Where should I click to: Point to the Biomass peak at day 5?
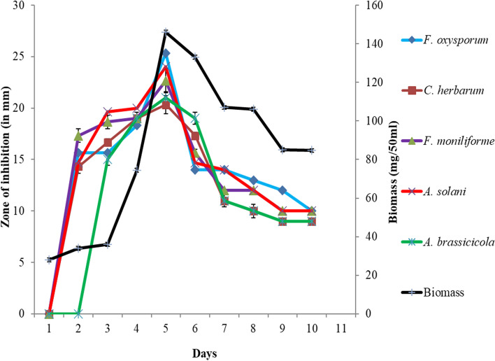click(x=166, y=31)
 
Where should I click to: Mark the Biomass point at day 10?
click(x=311, y=150)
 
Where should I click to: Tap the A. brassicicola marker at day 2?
click(x=78, y=313)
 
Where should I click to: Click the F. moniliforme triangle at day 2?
click(x=78, y=136)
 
